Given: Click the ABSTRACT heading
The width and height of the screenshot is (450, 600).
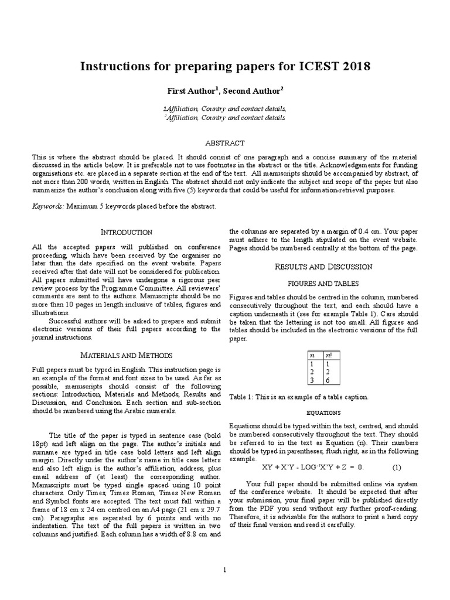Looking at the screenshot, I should point(224,143).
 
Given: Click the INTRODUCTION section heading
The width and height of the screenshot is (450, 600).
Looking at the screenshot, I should point(127,232).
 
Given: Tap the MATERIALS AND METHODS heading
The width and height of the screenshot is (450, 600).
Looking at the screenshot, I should point(127,355).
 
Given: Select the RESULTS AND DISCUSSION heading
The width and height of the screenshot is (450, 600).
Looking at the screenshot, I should point(324,267).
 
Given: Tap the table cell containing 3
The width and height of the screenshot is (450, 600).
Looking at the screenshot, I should point(312,380).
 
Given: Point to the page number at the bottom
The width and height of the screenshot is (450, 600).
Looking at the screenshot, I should point(224,570).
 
